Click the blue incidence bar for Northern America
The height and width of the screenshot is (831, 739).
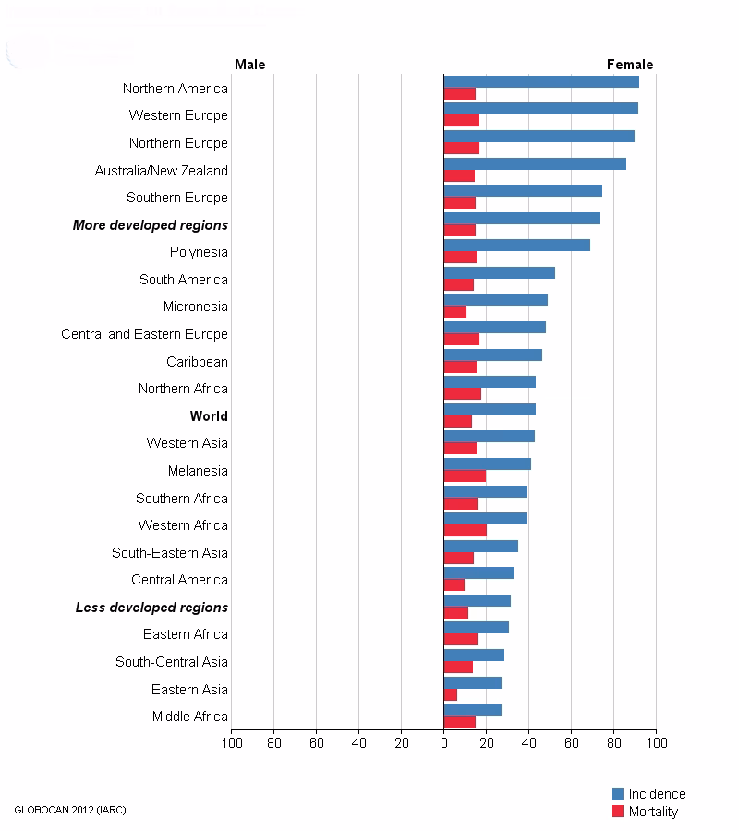click(541, 82)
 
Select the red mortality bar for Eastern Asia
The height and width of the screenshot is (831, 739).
click(451, 695)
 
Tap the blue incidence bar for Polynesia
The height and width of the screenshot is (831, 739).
click(516, 246)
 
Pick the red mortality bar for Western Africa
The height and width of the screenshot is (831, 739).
click(465, 531)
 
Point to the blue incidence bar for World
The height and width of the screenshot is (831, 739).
click(490, 409)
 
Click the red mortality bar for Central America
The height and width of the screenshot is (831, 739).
click(454, 585)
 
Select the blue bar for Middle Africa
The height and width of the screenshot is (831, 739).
click(472, 710)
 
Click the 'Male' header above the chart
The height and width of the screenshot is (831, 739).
click(249, 65)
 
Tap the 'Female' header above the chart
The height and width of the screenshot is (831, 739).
click(629, 65)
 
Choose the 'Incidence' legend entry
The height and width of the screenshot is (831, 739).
click(656, 794)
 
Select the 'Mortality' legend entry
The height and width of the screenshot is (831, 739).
click(652, 812)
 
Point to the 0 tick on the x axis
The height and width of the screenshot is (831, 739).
click(443, 742)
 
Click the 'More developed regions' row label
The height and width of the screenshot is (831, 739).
click(151, 225)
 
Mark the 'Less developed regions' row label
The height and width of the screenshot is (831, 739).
click(151, 608)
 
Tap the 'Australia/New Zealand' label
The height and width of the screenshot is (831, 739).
click(161, 171)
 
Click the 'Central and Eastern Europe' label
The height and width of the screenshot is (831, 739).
click(144, 334)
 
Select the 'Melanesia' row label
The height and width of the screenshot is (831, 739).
click(198, 471)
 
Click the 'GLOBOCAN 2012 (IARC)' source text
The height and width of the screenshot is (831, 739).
click(70, 810)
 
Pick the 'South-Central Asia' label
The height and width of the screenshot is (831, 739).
click(172, 662)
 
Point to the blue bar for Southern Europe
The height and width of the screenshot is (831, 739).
click(523, 191)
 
